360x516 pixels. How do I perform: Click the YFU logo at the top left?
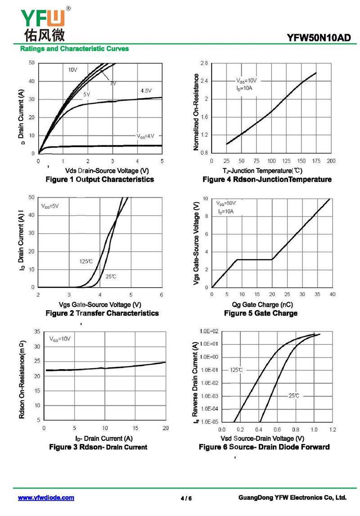[x=43, y=22]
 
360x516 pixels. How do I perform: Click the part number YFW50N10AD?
[x=319, y=38]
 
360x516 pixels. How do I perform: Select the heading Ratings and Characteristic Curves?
[x=75, y=49]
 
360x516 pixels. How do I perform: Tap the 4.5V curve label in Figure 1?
[x=146, y=91]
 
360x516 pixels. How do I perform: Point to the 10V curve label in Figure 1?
[x=73, y=70]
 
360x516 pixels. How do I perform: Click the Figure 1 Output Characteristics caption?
[x=100, y=179]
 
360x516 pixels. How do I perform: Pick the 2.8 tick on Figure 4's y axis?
[x=204, y=63]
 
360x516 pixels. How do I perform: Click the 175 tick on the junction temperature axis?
[x=316, y=161]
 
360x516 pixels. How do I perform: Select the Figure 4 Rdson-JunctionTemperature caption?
[x=267, y=179]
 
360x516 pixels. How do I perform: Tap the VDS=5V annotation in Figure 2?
[x=50, y=206]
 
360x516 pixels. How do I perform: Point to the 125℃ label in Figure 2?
[x=86, y=261]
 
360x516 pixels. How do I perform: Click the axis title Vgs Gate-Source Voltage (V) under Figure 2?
[x=100, y=305]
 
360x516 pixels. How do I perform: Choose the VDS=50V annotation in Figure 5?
[x=226, y=204]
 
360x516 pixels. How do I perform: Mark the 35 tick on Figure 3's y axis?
[x=37, y=331]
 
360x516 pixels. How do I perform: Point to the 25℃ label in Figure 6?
[x=294, y=395]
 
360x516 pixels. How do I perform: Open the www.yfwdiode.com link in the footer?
[x=46, y=498]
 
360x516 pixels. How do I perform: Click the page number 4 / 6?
[x=186, y=498]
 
